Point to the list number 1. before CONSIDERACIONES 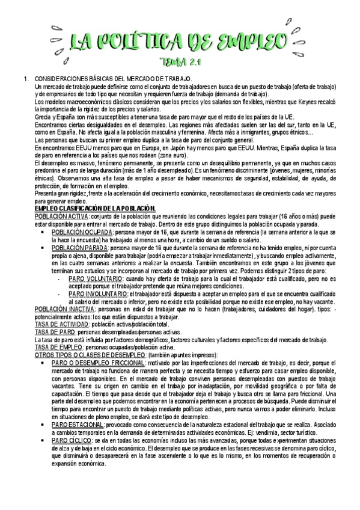click(25, 79)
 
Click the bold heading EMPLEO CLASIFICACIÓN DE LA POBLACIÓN click(95, 208)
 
